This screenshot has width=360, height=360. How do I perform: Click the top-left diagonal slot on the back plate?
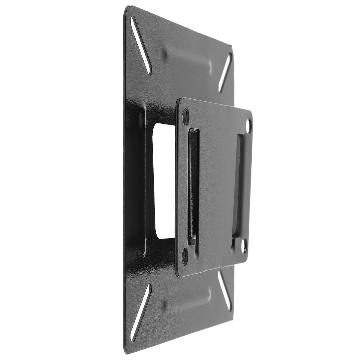coord(141,45)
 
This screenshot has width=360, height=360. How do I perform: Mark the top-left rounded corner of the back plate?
coord(126,7)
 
